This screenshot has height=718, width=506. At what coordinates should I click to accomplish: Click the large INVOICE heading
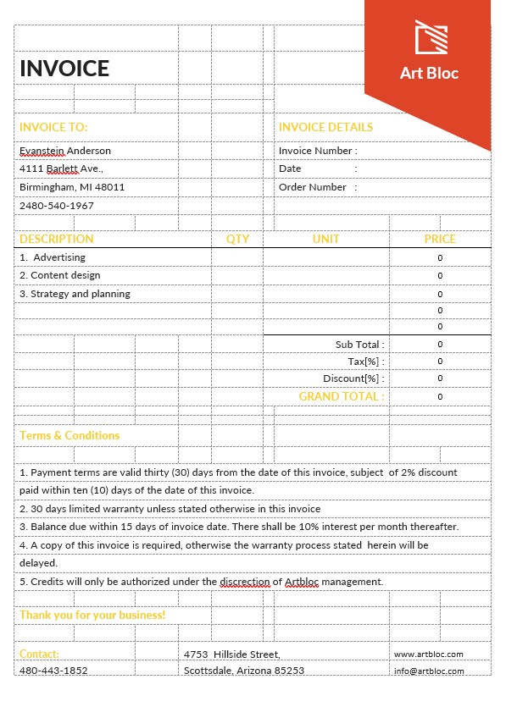[64, 69]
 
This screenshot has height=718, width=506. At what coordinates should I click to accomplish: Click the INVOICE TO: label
[53, 127]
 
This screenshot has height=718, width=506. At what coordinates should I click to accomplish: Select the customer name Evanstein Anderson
[65, 151]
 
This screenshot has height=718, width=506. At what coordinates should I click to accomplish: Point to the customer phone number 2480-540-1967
[57, 206]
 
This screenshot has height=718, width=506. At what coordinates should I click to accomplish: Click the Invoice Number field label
[317, 151]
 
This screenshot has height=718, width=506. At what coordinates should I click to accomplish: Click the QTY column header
[237, 239]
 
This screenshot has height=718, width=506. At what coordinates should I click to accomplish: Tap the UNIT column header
[325, 239]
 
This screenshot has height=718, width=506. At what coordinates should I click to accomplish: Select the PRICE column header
[440, 239]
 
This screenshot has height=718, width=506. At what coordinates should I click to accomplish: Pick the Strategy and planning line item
[75, 294]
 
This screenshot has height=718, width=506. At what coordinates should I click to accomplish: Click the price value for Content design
[440, 276]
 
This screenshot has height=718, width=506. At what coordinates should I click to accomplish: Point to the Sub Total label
[359, 345]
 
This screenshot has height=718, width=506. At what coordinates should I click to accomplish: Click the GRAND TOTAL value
[440, 397]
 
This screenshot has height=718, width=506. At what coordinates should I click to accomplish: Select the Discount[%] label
[353, 378]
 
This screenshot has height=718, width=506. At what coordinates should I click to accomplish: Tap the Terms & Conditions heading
[70, 435]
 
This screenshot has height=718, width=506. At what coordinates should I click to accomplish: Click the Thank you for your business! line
[92, 615]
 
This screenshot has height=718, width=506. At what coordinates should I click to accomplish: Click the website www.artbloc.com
[428, 654]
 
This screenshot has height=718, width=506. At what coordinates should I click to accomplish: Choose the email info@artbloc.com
[429, 671]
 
